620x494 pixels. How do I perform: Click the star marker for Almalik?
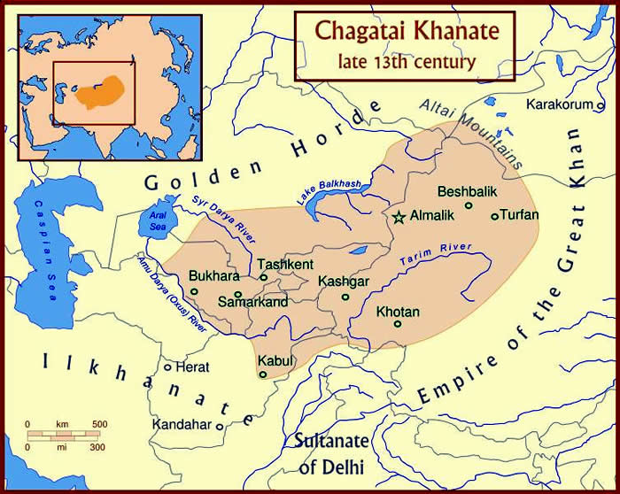tap(399, 216)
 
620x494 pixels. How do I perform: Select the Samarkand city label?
tap(253, 303)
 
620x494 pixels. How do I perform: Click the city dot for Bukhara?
tap(194, 291)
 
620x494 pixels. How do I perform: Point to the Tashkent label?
tap(284, 264)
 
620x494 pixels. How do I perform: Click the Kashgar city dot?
tap(346, 297)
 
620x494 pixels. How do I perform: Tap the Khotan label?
tap(398, 312)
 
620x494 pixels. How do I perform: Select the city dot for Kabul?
tap(262, 374)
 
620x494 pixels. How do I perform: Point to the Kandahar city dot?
tap(220, 425)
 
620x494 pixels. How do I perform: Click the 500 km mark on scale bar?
tap(100, 426)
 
